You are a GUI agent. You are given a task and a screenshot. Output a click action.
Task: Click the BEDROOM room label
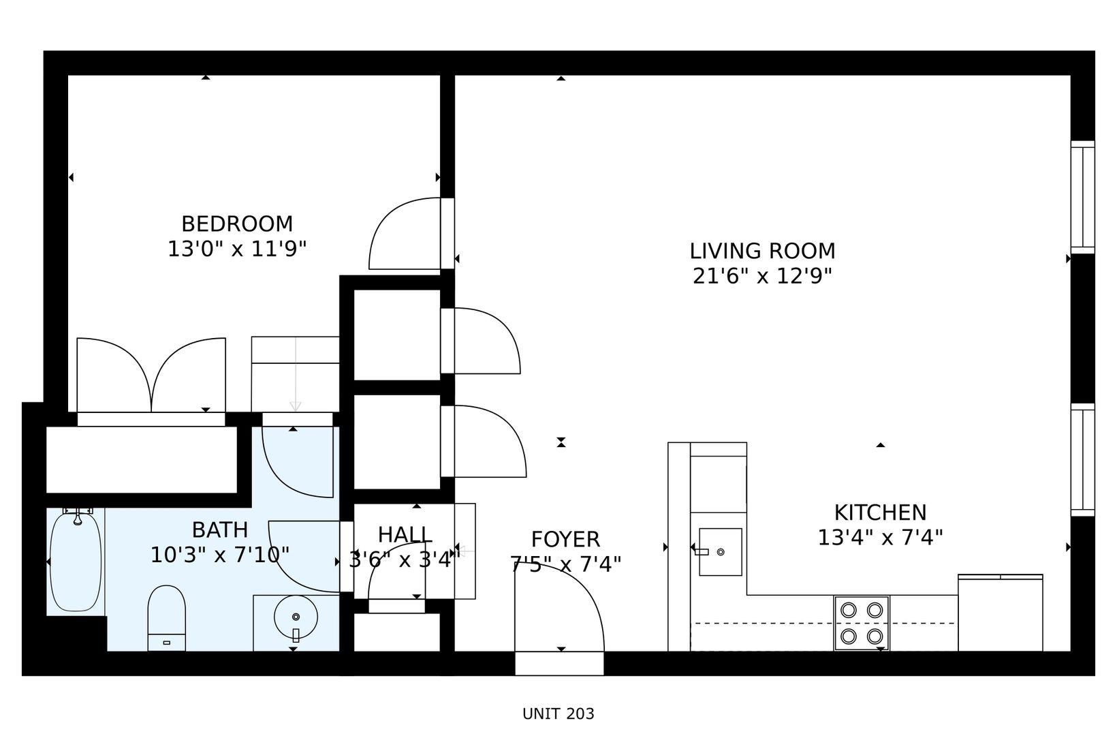237,224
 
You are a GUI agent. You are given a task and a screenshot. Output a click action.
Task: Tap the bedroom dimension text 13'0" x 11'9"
237,249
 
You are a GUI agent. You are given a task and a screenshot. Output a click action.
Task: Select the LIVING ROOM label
762,251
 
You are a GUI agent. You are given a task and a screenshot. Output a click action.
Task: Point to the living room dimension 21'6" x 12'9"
762,276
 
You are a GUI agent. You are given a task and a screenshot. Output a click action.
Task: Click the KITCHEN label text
880,512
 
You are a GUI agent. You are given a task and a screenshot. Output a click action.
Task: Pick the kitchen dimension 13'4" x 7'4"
880,538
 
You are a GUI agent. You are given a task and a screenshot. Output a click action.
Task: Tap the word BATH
220,530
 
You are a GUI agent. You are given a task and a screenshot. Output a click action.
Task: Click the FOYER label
565,540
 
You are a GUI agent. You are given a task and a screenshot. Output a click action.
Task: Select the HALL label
405,535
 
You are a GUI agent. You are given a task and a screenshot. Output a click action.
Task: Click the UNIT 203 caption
558,714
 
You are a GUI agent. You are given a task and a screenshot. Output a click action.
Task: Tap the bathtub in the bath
76,562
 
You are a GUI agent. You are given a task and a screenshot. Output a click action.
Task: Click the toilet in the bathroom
167,618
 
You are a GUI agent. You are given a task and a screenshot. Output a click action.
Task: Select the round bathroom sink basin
296,617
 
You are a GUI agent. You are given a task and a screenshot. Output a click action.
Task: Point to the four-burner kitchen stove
862,624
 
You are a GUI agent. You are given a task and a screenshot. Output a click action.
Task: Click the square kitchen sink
720,552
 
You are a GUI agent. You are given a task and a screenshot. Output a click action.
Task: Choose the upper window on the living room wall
1082,197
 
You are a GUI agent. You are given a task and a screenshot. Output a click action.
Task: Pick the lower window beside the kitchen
1082,459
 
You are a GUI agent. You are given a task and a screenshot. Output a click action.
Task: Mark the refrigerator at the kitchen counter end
1001,613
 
